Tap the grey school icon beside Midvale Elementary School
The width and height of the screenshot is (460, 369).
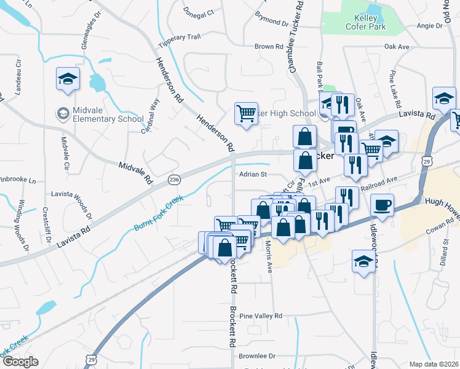(63, 114)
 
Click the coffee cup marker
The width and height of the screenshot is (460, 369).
(383, 205)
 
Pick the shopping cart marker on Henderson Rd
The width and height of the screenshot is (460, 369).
(246, 113)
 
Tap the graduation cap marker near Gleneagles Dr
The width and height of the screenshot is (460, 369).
(68, 79)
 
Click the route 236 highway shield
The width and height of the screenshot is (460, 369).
(174, 179)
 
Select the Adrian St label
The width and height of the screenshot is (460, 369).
(252, 175)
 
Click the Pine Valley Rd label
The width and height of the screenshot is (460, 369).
(261, 316)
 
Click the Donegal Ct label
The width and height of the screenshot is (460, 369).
(198, 12)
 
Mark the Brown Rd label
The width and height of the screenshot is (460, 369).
(269, 47)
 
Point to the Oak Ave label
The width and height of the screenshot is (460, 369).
(397, 47)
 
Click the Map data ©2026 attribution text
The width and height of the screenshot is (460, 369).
(434, 364)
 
